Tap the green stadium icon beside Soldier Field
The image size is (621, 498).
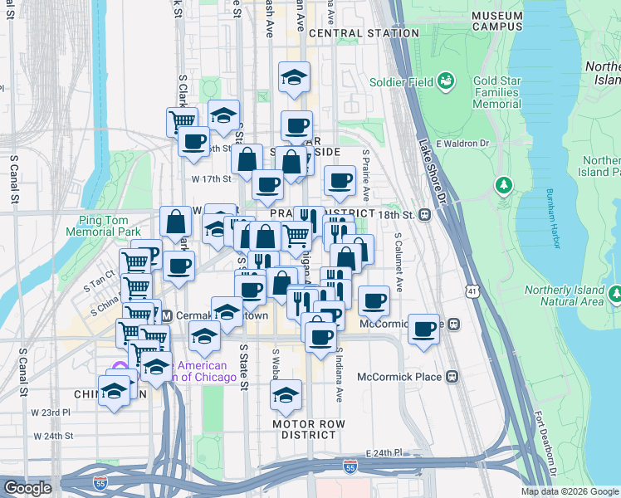[446, 81]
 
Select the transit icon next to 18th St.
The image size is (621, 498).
[424, 215]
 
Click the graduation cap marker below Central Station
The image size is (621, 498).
[293, 77]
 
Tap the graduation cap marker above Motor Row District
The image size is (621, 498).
[286, 395]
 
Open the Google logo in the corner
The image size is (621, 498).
[27, 488]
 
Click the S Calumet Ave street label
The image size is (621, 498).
[399, 261]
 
